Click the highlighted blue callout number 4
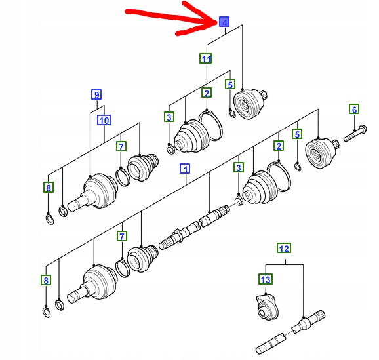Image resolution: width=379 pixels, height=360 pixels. pos(224,22)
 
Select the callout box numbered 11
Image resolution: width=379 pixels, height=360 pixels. pos(206,59)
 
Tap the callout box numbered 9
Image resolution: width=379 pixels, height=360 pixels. pos(96,94)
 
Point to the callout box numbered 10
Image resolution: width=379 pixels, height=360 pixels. pos(104,120)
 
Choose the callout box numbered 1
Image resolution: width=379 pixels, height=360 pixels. pos(185,169)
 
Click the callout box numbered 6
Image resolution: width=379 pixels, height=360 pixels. pos(354,109)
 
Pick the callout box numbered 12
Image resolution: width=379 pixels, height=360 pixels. pos(284,248)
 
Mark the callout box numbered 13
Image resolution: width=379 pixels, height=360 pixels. pos(266,279)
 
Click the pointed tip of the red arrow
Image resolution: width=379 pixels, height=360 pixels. pos(217,22)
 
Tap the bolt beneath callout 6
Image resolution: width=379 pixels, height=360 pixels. pos(355,133)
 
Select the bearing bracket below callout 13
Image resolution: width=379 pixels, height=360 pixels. pos(267,308)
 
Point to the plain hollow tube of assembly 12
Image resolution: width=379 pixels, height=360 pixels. pos(271,344)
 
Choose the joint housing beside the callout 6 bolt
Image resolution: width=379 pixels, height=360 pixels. pos(322,153)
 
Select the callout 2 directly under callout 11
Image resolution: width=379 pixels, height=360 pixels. pos(207,93)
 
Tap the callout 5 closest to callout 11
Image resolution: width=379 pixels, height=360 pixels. pos(230,85)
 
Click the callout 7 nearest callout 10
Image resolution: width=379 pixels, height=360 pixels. pos(121,146)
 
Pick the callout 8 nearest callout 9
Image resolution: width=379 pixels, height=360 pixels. pos(49,188)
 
